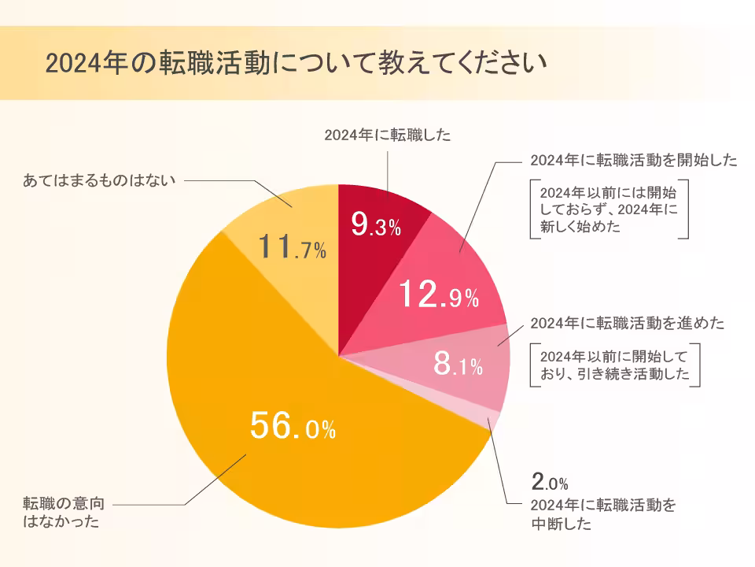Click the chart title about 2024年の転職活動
295,63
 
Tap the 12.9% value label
438,295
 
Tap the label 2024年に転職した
388,135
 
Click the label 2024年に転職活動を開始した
634,160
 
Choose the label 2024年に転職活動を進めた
628,323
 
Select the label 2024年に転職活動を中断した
603,513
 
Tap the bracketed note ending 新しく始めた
610,209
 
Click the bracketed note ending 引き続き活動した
614,365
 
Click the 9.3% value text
376,227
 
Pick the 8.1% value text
458,365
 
